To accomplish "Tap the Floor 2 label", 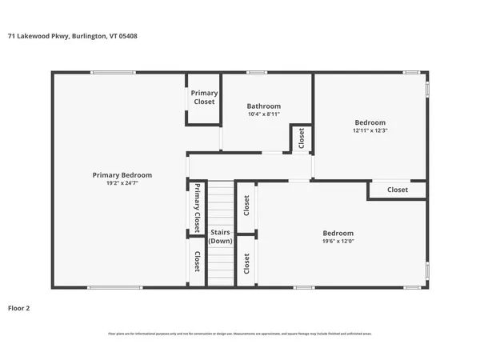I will [x=18, y=307].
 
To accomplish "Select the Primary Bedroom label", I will [x=122, y=175].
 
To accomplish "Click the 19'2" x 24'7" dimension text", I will [x=122, y=183].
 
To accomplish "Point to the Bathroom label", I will [x=263, y=106].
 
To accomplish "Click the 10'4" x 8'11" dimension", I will [x=263, y=114].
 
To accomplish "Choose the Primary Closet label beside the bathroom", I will [x=204, y=98].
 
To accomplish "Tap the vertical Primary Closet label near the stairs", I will [x=196, y=207].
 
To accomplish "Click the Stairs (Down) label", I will [x=220, y=237].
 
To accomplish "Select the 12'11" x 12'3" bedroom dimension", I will [x=370, y=130].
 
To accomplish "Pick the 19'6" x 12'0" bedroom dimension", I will [x=338, y=241].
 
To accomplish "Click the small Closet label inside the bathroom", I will [x=301, y=138].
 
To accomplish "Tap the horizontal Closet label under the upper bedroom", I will [x=397, y=190].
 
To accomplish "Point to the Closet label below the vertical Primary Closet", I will [x=196, y=262].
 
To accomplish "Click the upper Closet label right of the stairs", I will [x=246, y=206].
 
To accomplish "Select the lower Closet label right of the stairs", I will [x=246, y=264].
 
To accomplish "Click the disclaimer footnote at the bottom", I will [x=240, y=333].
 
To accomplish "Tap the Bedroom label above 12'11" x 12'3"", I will [x=370, y=122].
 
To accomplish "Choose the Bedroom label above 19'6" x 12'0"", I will [x=338, y=233].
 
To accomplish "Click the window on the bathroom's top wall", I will [x=256, y=73].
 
